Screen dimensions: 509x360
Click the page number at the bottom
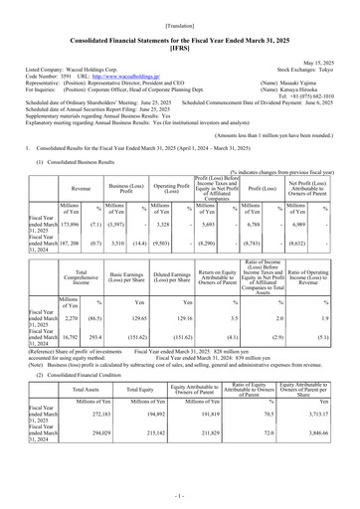180,493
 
